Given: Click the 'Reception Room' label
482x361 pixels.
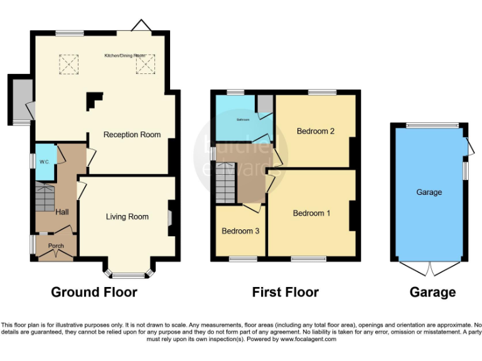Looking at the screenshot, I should click(x=132, y=135).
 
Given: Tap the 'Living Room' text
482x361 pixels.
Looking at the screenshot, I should click(x=127, y=217).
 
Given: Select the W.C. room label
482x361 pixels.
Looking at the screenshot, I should click(x=45, y=162).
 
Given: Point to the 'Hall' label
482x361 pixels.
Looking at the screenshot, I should click(x=62, y=212).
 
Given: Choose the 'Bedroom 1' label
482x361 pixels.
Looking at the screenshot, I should click(x=312, y=213).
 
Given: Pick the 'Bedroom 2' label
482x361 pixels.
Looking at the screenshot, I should click(x=316, y=132).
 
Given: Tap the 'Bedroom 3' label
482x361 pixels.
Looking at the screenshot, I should click(x=240, y=231).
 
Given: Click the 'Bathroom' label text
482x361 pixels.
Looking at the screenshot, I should click(x=243, y=119).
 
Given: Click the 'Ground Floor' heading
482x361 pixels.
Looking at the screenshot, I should click(x=94, y=292).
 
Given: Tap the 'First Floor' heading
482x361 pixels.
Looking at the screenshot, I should click(x=286, y=292).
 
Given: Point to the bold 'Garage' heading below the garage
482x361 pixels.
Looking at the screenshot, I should click(x=432, y=292).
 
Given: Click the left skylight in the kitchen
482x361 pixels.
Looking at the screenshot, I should click(x=68, y=64).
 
